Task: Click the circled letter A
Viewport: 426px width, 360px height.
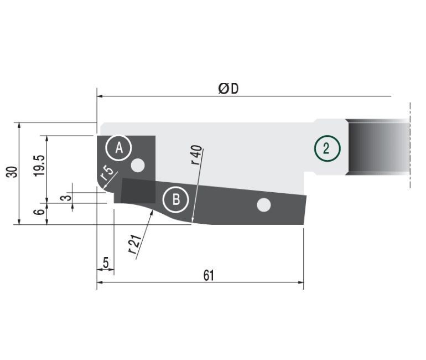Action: click(119, 148)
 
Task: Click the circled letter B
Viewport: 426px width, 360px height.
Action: click(175, 199)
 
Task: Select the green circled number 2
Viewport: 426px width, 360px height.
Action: click(327, 148)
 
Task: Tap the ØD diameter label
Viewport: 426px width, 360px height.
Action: click(228, 89)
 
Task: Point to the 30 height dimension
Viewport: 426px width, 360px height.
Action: click(12, 172)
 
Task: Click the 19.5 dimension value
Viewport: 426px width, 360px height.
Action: click(39, 166)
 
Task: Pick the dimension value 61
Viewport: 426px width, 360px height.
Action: click(209, 275)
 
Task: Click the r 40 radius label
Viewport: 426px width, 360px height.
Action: click(196, 155)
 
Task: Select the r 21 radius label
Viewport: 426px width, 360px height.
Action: click(135, 244)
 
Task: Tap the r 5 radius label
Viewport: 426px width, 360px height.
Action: click(106, 173)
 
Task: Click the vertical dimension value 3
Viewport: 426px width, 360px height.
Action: click(66, 197)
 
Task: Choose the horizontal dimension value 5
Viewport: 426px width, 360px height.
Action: click(106, 263)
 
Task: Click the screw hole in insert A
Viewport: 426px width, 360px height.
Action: click(138, 165)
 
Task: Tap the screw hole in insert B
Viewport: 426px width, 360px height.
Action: click(263, 205)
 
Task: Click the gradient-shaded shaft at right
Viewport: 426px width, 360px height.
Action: click(378, 147)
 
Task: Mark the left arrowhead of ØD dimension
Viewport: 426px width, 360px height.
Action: click(100, 96)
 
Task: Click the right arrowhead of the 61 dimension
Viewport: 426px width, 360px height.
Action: click(301, 282)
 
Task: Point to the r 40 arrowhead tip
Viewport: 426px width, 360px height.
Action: click(192, 223)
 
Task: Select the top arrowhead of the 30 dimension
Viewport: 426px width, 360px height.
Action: click(19, 125)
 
